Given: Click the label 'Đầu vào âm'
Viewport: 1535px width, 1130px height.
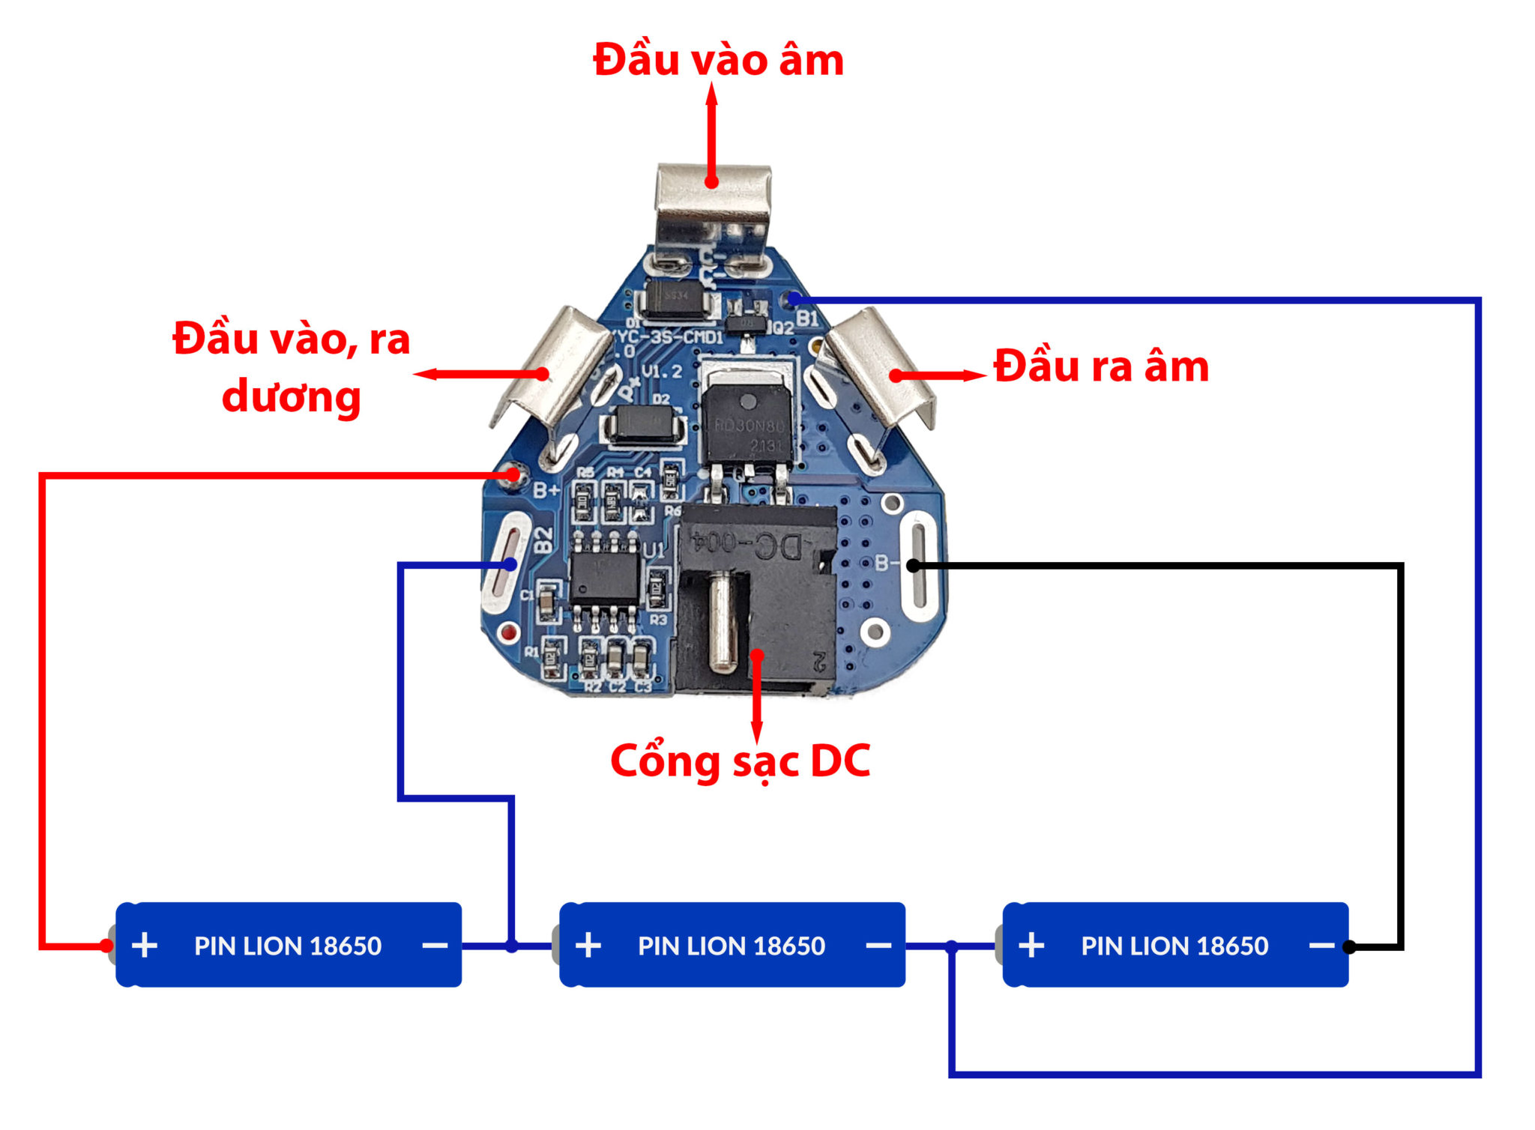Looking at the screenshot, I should point(718,60).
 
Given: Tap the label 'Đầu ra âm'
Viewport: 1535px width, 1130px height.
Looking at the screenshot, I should point(1101,367).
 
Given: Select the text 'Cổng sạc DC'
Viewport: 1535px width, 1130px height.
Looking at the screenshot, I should point(741,761).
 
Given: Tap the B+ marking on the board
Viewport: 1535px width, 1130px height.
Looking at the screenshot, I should point(546,490).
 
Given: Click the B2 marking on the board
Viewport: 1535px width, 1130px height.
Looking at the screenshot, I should point(544,540).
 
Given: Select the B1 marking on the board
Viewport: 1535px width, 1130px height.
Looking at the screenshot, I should point(807,318).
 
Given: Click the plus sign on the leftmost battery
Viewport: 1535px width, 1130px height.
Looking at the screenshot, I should point(145,946).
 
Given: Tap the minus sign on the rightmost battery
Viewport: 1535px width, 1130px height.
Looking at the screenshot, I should point(1321,946).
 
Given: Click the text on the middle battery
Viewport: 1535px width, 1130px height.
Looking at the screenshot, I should point(731,946).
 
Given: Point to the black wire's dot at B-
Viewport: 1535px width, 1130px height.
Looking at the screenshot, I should point(913,566).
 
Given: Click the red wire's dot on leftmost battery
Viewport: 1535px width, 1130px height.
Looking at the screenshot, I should point(106,946).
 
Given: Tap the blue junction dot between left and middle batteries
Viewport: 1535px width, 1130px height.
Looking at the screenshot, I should point(512,946).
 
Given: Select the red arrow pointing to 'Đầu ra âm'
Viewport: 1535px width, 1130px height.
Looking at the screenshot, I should point(941,375).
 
